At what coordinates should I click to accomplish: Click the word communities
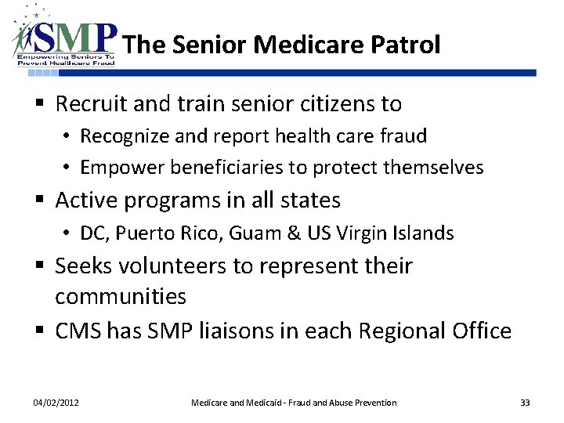tap(121, 297)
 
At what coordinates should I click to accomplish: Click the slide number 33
tap(525, 403)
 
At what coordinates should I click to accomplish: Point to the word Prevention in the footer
tap(371, 403)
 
